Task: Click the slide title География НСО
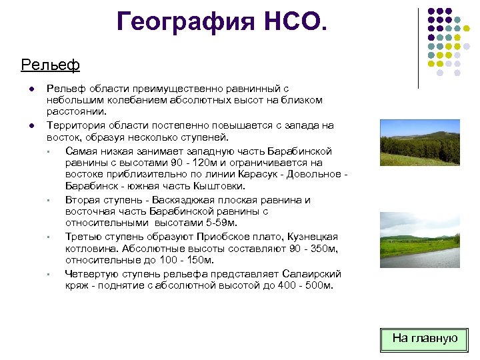click(222, 21)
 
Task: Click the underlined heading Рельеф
click(50, 65)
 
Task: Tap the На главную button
click(425, 339)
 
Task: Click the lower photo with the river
click(419, 239)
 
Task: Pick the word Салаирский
click(313, 274)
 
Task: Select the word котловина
click(91, 249)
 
